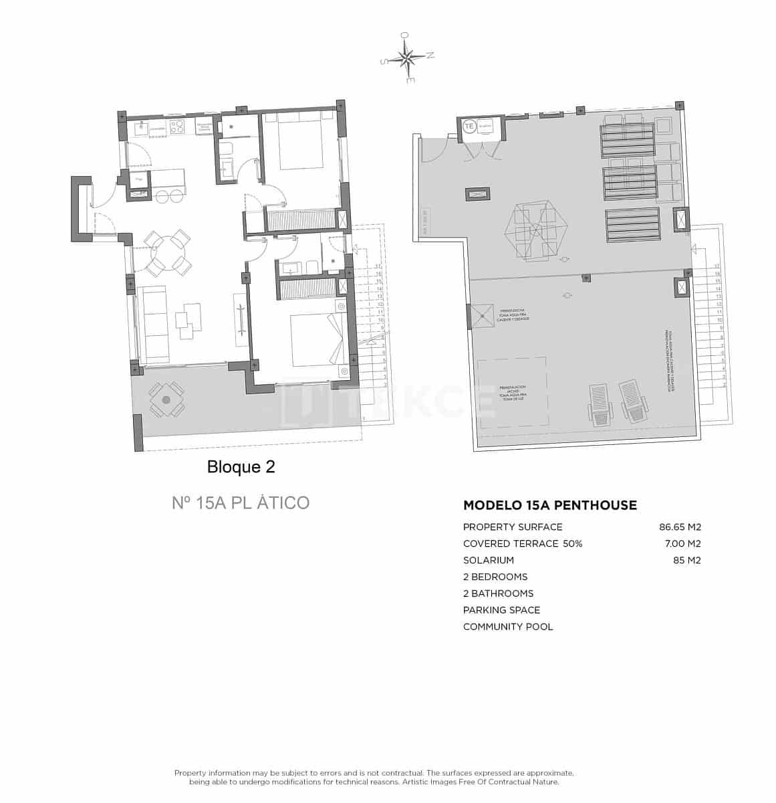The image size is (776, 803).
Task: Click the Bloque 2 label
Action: click(241, 466)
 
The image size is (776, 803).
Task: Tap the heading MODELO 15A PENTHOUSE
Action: click(549, 505)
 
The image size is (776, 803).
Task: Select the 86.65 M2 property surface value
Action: click(679, 527)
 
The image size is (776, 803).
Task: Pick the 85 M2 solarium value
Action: click(686, 560)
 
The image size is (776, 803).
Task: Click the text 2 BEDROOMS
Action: click(495, 577)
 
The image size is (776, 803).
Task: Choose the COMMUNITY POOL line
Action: click(508, 627)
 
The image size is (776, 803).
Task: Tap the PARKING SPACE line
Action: click(501, 610)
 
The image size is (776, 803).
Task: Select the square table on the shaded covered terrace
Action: click(166, 399)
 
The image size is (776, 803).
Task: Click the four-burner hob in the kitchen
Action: click(178, 127)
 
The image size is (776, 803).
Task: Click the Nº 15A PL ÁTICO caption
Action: click(241, 503)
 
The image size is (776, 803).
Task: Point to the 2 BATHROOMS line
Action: click(498, 594)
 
